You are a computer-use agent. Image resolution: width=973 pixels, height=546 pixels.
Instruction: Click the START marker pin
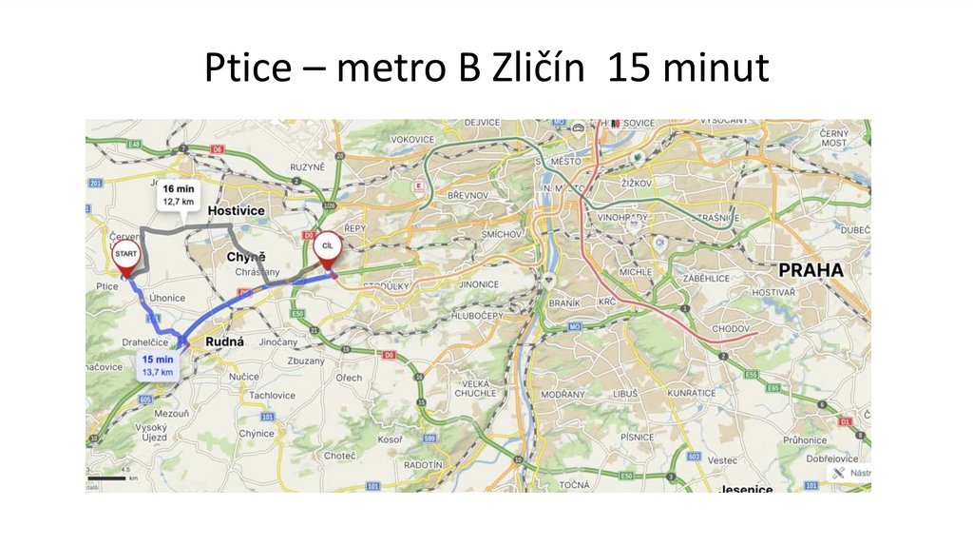coord(125,255)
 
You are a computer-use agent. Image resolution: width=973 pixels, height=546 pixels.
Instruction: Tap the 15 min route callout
coord(157,365)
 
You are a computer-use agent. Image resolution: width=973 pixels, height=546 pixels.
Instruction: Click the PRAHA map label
coord(811,270)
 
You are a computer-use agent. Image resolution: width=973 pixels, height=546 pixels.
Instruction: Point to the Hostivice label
coord(236,210)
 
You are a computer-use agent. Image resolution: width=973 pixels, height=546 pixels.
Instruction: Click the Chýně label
coord(246,257)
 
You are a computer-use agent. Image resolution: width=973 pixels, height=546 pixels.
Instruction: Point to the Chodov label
coord(730,328)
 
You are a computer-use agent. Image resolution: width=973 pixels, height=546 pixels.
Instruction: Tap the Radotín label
coord(423,464)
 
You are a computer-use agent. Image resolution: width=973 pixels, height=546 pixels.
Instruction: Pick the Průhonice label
coord(805,440)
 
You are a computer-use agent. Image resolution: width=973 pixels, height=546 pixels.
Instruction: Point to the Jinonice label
coord(478,284)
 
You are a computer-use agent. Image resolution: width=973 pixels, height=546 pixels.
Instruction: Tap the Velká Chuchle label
coord(474,388)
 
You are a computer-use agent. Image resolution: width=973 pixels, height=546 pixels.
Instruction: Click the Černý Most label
coord(834,137)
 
